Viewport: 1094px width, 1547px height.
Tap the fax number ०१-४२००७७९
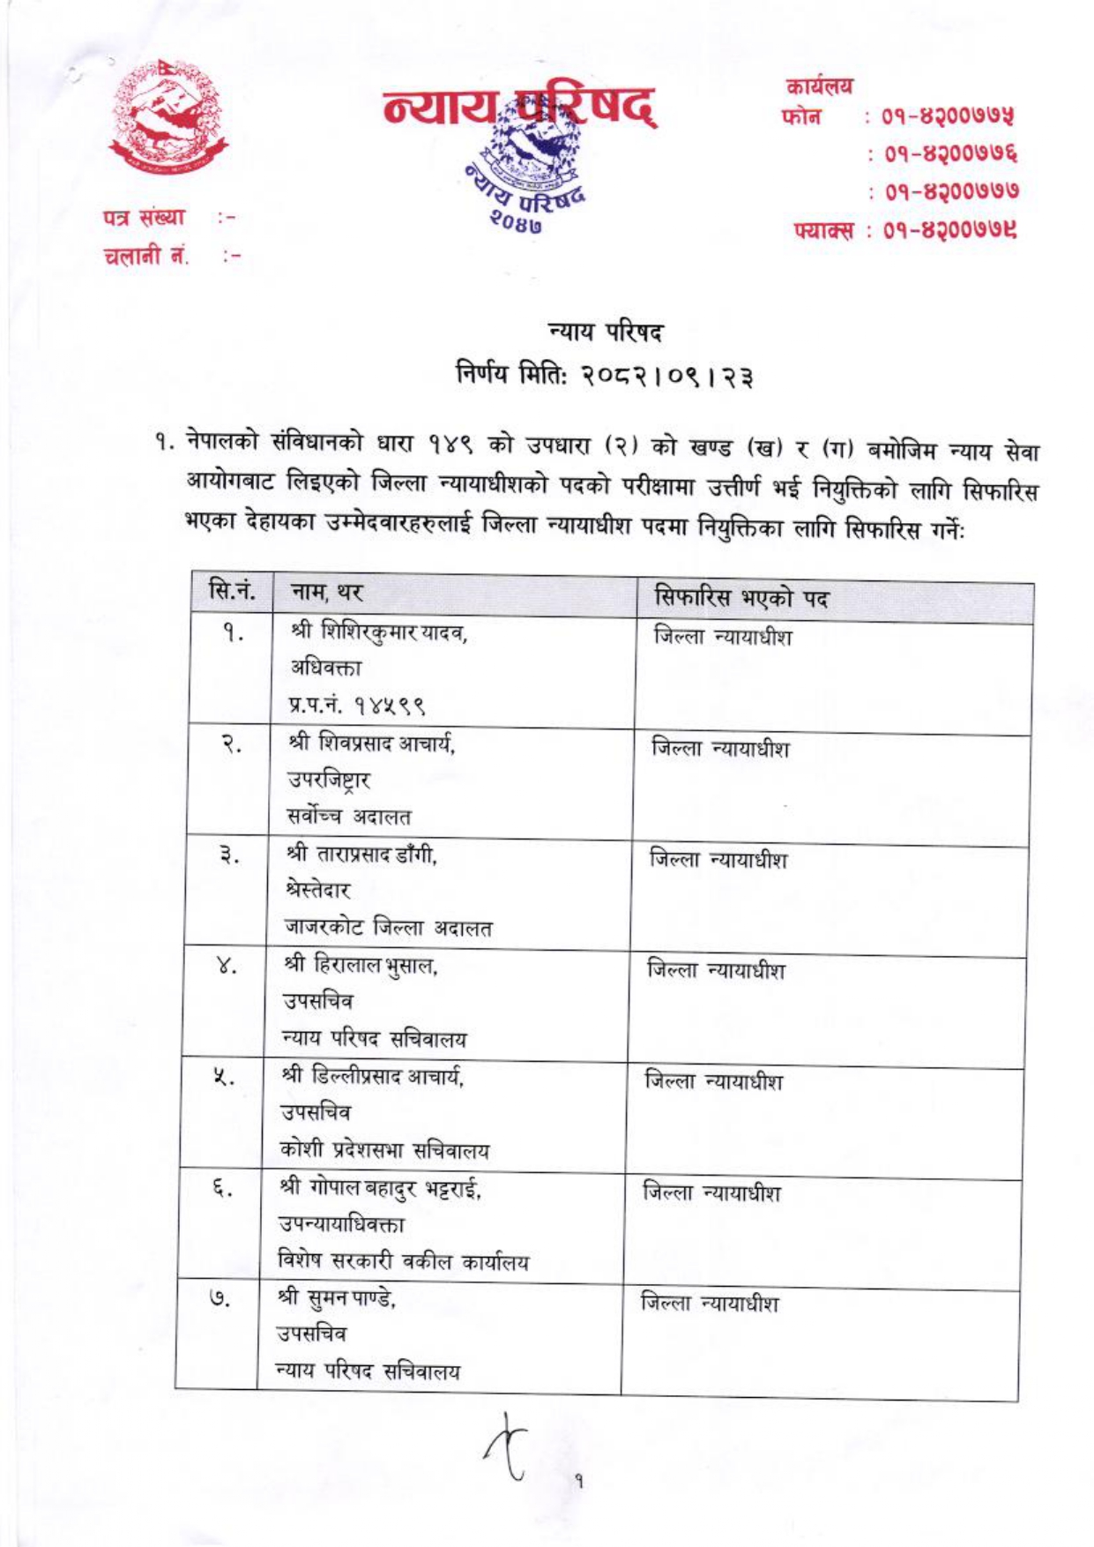tap(939, 231)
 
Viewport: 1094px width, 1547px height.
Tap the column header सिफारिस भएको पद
tap(741, 599)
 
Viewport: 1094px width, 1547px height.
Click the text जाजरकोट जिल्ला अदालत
tap(387, 928)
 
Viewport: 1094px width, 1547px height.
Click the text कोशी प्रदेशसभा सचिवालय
tap(384, 1150)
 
